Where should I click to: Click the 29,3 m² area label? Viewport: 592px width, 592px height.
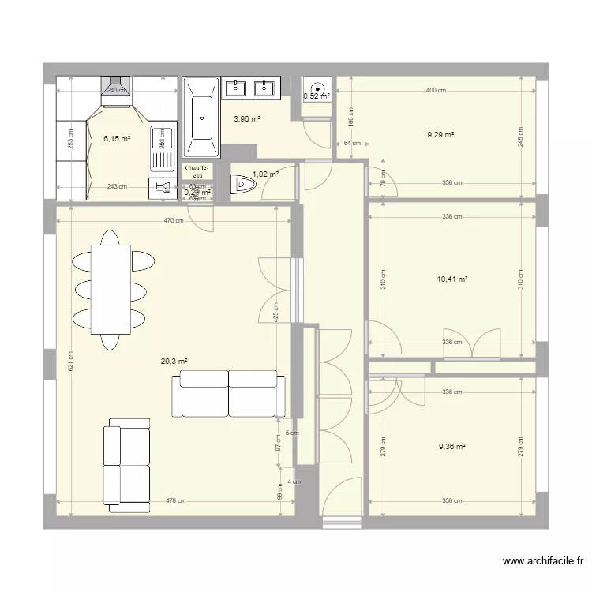pyautogui.click(x=174, y=362)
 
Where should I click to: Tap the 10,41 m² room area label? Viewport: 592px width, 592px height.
pyautogui.click(x=452, y=279)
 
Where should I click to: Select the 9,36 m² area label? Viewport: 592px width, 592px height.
pyautogui.click(x=452, y=445)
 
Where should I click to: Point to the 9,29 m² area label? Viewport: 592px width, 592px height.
pyautogui.click(x=440, y=135)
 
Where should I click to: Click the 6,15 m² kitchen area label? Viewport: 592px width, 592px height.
pyautogui.click(x=117, y=139)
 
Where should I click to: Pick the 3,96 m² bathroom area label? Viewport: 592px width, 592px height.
pyautogui.click(x=246, y=119)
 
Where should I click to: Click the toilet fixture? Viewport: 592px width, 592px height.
pyautogui.click(x=244, y=185)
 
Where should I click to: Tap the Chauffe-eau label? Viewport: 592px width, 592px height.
pyautogui.click(x=197, y=172)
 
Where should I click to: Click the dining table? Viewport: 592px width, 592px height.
pyautogui.click(x=111, y=289)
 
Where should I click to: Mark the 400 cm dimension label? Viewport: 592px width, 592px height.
pyautogui.click(x=436, y=90)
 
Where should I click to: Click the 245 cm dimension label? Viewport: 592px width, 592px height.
pyautogui.click(x=521, y=135)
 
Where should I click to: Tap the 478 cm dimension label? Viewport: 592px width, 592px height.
pyautogui.click(x=176, y=500)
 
